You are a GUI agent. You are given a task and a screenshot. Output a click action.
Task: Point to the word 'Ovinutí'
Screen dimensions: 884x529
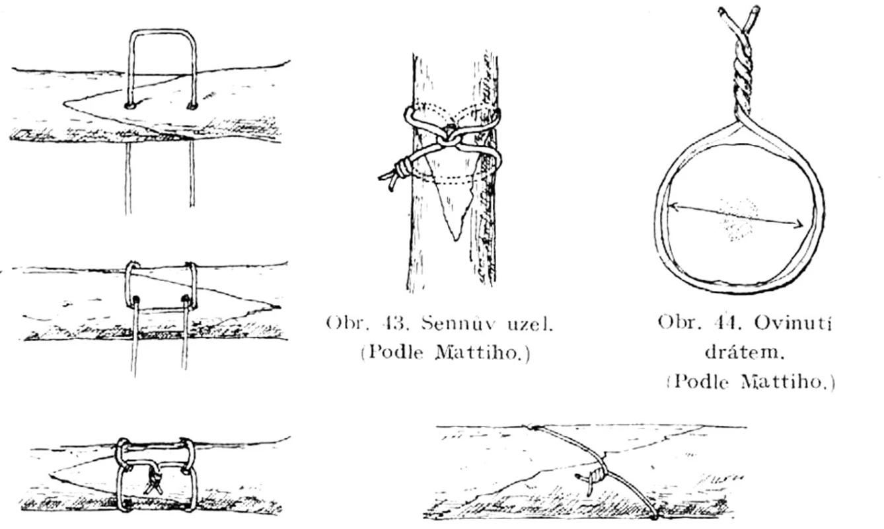(x=793, y=323)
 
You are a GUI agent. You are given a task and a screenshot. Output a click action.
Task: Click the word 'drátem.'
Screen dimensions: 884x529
(x=744, y=351)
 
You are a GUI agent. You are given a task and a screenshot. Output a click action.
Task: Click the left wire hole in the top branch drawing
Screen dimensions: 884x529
(x=129, y=106)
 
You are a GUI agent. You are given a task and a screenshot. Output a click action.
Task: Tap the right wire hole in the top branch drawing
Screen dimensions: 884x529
(x=192, y=106)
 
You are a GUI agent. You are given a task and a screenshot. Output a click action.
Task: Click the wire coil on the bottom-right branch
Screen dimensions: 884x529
(x=597, y=473)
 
